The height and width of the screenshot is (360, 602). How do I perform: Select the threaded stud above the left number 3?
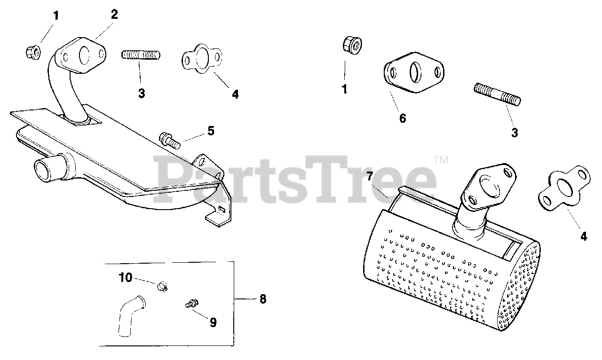click(x=141, y=55)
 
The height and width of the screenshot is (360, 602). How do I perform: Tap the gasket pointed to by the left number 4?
click(x=201, y=59)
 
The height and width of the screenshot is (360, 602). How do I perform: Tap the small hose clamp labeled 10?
click(x=162, y=285)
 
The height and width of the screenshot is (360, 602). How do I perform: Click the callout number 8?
click(x=262, y=299)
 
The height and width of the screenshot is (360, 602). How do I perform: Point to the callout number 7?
click(x=370, y=177)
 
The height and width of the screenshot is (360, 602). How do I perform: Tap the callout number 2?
click(x=114, y=14)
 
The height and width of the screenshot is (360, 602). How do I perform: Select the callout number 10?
click(x=125, y=277)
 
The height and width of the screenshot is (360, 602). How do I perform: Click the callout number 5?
click(x=211, y=131)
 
